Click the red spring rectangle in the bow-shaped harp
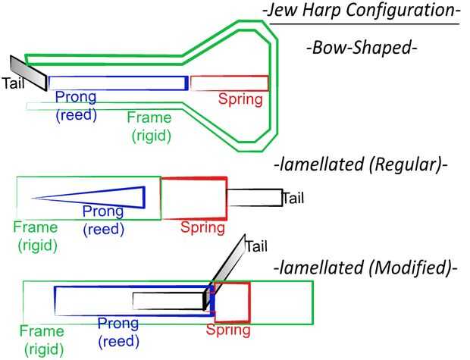pyautogui.click(x=229, y=83)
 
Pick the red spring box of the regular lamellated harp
pyautogui.click(x=193, y=199)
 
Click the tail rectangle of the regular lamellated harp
pyautogui.click(x=254, y=198)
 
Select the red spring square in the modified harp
pyautogui.click(x=232, y=301)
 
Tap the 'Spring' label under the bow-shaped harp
pyautogui.click(x=240, y=99)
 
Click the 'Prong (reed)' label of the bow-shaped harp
pyautogui.click(x=76, y=105)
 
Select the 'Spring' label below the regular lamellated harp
pyautogui.click(x=203, y=227)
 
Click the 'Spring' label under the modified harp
pyautogui.click(x=228, y=330)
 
